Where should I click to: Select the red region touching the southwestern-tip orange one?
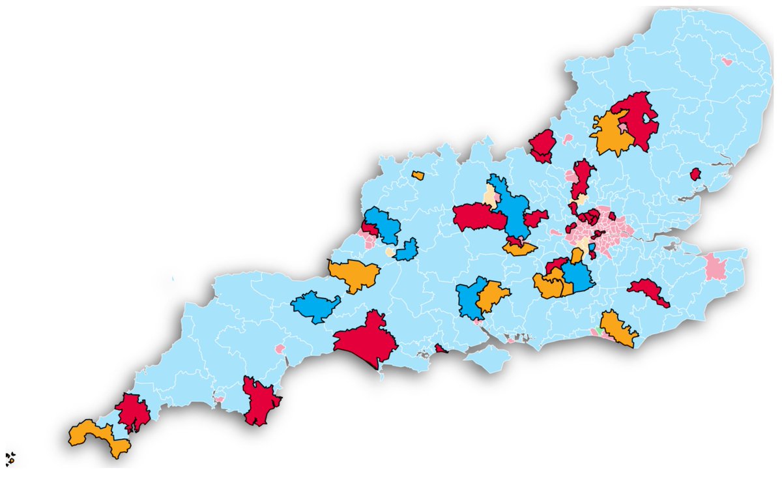132,412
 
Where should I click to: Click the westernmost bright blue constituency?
315,306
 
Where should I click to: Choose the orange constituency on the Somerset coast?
354,274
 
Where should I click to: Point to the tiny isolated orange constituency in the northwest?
417,175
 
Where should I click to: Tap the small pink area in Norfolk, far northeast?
727,62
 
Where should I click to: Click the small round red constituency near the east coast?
695,174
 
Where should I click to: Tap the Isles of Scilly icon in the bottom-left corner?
10,459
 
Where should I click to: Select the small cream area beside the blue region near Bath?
390,252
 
